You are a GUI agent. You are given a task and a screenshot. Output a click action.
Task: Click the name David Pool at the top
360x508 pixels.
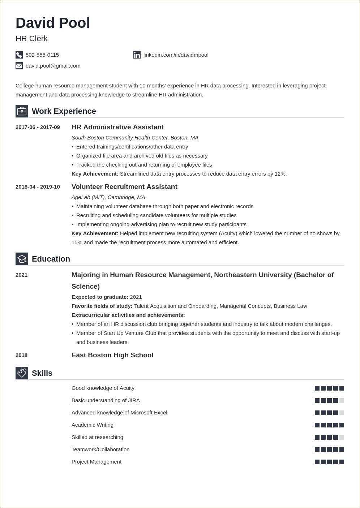[x=53, y=23]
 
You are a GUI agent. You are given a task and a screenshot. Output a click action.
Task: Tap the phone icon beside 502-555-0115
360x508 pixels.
[x=19, y=55]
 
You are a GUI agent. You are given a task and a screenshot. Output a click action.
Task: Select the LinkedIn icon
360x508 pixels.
[x=137, y=55]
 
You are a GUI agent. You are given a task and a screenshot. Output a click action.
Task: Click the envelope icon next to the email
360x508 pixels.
[x=19, y=66]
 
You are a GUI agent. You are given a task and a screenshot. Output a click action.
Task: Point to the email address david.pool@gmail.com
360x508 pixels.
[x=53, y=66]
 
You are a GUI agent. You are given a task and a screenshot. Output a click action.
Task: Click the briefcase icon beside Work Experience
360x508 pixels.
[x=22, y=111]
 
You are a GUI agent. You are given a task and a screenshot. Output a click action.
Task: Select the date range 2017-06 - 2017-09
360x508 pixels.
[x=38, y=127]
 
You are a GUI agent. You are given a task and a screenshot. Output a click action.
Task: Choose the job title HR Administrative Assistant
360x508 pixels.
[x=117, y=127]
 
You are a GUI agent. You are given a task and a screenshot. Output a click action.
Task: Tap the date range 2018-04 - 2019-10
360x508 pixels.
[x=38, y=187]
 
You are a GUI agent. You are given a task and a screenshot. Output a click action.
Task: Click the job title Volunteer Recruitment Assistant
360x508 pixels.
[x=124, y=187]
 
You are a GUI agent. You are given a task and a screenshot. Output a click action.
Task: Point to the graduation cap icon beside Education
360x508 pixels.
[x=22, y=259]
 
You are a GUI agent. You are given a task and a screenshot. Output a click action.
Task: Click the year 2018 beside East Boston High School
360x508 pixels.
[x=21, y=355]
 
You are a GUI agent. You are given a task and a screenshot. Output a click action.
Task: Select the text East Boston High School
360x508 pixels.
[x=112, y=355]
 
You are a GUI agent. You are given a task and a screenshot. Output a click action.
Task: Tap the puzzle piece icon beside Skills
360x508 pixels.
[x=22, y=373]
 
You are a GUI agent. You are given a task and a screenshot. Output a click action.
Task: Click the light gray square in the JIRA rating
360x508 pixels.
[x=342, y=400]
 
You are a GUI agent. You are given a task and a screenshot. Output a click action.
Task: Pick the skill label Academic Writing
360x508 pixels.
[x=93, y=425]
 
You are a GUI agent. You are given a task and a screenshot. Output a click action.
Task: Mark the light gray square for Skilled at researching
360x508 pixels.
[x=342, y=437]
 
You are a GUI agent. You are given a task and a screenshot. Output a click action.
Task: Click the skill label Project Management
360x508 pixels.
[x=97, y=462]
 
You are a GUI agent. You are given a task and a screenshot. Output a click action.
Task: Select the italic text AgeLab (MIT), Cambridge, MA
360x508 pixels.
[x=108, y=197]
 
